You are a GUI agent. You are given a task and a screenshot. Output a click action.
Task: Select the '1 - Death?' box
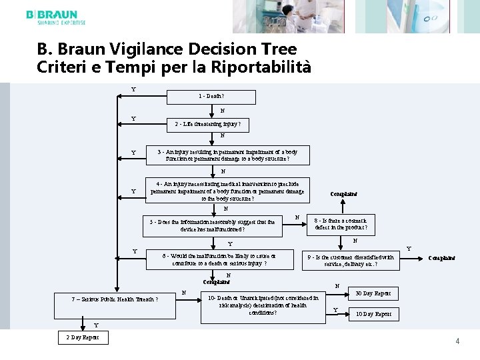216,97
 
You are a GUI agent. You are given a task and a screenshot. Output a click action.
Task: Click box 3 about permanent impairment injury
227,155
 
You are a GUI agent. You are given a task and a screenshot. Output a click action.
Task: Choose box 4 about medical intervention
228,191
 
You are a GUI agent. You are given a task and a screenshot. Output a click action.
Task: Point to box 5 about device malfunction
213,226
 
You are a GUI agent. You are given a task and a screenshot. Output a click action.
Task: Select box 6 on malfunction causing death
219,259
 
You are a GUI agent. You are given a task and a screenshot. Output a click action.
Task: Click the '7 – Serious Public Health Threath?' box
115,299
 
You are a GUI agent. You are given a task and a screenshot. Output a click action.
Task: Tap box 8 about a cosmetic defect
341,225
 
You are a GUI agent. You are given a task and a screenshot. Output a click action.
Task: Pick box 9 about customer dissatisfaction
350,260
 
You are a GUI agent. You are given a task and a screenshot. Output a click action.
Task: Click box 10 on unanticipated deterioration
258,305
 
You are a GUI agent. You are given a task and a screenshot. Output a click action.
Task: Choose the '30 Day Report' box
373,293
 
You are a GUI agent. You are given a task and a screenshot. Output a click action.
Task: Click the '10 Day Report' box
374,314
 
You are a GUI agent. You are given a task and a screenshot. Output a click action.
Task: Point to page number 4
457,341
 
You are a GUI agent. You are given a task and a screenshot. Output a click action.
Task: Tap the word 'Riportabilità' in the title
267,67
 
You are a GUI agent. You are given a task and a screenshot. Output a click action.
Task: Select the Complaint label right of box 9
442,257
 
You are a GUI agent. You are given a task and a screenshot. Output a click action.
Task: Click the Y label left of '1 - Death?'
133,89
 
